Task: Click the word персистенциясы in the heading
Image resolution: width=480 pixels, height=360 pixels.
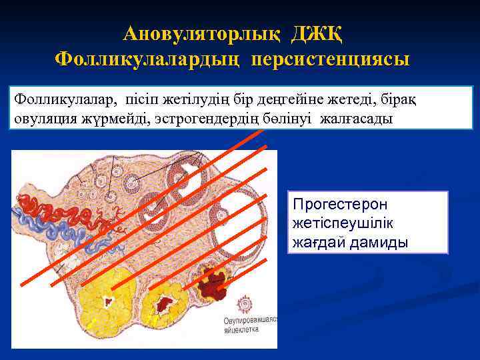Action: point(331,59)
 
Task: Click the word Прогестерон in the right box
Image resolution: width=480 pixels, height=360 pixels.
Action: point(340,205)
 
